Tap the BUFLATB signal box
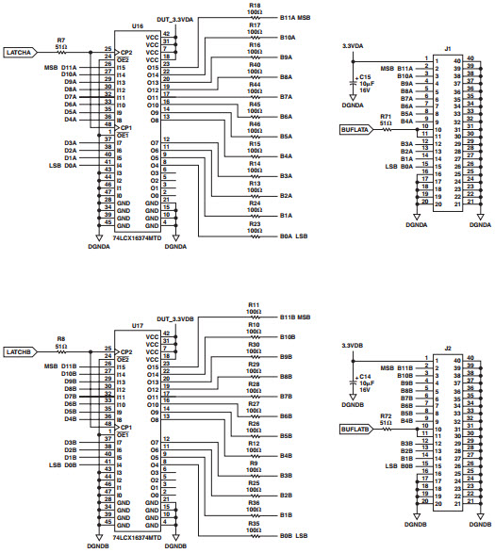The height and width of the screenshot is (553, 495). pos(356,428)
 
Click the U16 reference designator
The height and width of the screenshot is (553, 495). pos(138,27)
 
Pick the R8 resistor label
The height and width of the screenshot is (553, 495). pos(61,338)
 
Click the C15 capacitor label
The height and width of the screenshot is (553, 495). pos(365,76)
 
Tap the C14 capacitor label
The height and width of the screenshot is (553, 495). pos(365,376)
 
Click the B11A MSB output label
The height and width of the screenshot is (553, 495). pos(295,18)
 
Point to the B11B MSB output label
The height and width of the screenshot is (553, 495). pos(295,317)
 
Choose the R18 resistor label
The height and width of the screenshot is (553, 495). pos(255,6)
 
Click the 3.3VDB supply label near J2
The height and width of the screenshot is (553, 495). pos(353,346)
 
